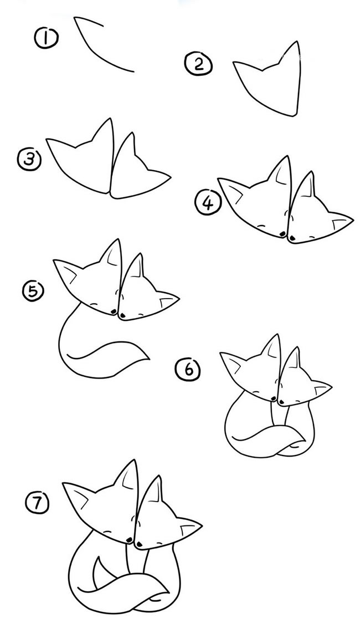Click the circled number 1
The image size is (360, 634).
pyautogui.click(x=46, y=38)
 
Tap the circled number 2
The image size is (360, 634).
pyautogui.click(x=198, y=65)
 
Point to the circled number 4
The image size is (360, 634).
pyautogui.click(x=208, y=203)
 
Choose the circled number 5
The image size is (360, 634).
pyautogui.click(x=33, y=291)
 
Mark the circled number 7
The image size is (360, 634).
pyautogui.click(x=37, y=503)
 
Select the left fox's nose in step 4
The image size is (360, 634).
pyautogui.click(x=282, y=234)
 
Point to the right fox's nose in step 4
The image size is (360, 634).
pyautogui.click(x=291, y=239)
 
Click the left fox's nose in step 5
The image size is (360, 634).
pyautogui.click(x=114, y=311)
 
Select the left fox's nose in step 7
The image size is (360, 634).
pyautogui.click(x=129, y=539)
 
